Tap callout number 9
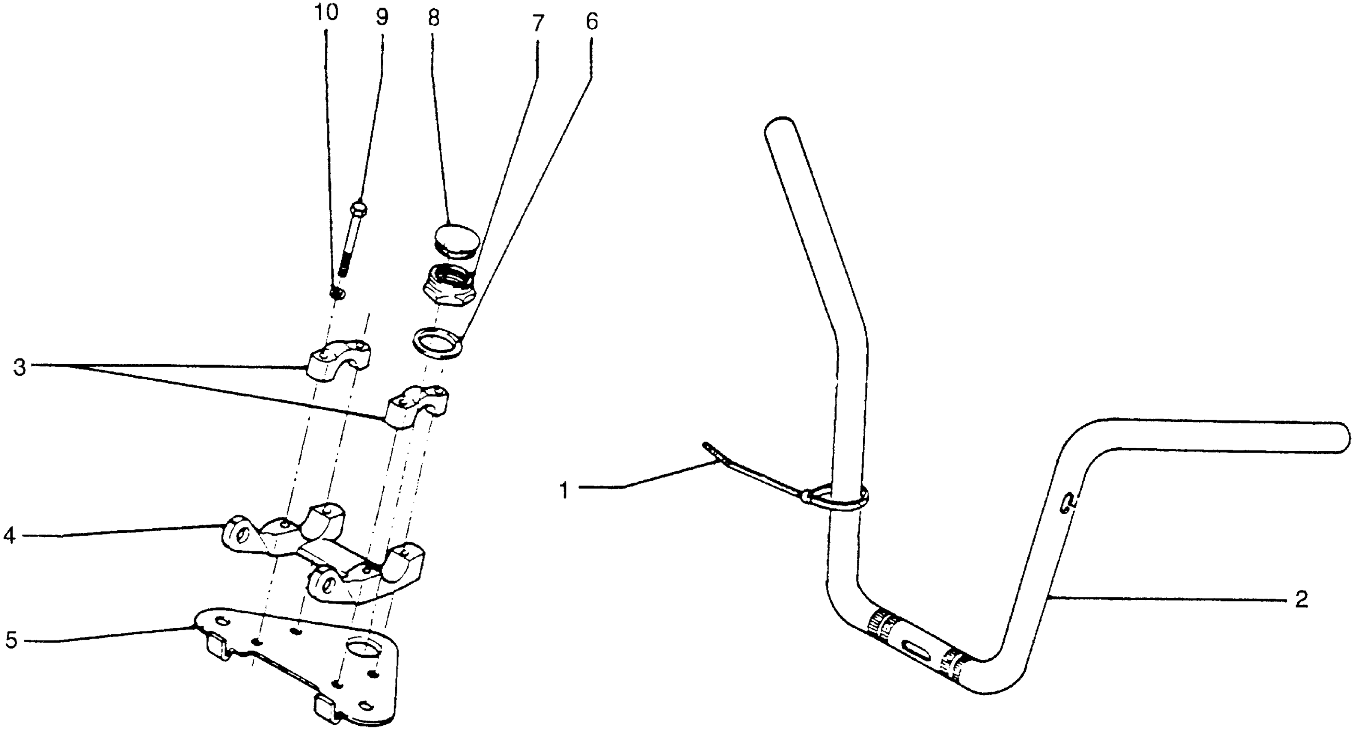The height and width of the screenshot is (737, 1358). tap(382, 17)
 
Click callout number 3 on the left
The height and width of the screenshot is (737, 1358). tap(20, 368)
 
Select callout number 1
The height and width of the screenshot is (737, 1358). tap(564, 491)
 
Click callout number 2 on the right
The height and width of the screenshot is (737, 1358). tap(1301, 600)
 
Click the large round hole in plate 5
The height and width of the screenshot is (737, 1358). tap(364, 646)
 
